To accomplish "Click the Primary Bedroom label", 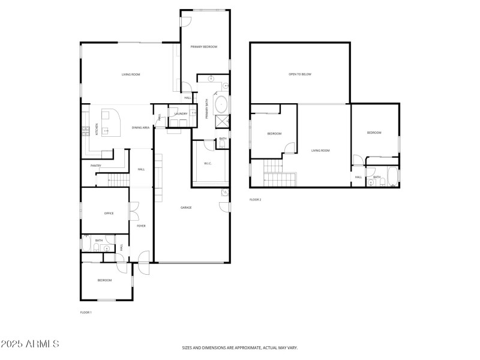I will [x=204, y=47].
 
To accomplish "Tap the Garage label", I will [x=187, y=208].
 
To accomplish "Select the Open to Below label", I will [x=300, y=74].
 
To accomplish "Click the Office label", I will [x=109, y=213].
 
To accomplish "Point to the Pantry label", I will [x=95, y=166].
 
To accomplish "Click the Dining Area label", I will [x=141, y=128].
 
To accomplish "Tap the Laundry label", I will [x=181, y=113].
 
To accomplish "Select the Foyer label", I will [x=141, y=226].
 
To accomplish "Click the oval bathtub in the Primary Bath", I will [x=221, y=104].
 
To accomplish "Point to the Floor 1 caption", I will [x=86, y=312].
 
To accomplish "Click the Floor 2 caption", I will [x=256, y=199].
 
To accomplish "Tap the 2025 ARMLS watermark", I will [x=30, y=344].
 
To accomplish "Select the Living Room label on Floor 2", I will [x=320, y=151].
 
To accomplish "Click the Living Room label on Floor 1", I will [x=131, y=74].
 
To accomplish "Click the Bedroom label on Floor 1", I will [x=106, y=280].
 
